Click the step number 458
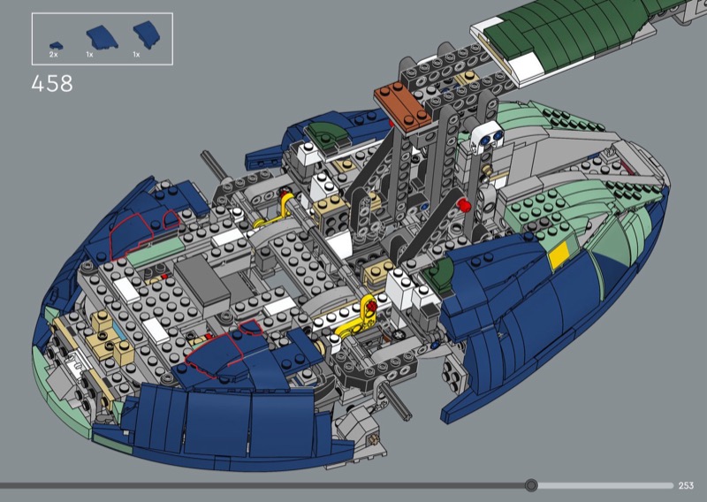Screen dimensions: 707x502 click(52, 84)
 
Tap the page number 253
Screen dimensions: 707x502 click(686, 485)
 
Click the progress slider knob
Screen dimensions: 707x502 click(531, 485)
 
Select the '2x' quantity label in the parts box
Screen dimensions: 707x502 click(54, 55)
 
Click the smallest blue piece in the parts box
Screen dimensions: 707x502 click(57, 46)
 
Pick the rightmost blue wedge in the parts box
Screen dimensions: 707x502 click(146, 34)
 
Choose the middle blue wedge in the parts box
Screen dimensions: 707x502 click(102, 37)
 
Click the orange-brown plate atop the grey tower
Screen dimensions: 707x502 click(403, 107)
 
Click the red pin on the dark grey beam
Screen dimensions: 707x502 click(464, 206)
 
